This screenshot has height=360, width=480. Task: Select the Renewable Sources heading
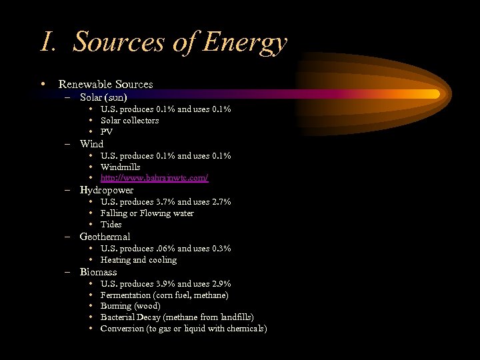pos(105,85)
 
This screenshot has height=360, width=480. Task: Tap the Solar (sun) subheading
pos(103,97)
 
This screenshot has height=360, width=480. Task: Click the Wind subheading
pos(91,143)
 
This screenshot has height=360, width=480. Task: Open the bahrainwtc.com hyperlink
pos(154,178)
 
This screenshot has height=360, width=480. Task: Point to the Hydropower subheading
pos(106,190)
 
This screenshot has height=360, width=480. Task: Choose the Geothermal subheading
pos(105,237)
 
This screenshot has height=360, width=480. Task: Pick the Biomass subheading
pos(98,272)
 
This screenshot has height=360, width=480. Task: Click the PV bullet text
pos(107,131)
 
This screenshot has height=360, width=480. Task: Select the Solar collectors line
pos(129,120)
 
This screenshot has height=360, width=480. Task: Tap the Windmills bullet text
pos(120,167)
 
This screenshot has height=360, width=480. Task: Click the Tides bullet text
pos(111,225)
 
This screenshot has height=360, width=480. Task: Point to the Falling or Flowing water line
pos(147,213)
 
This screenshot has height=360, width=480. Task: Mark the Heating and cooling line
pos(139,260)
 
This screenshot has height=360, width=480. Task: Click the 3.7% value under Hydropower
pos(165,201)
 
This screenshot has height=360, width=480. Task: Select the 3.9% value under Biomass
pos(165,283)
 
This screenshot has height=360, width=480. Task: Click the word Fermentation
pos(125,295)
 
